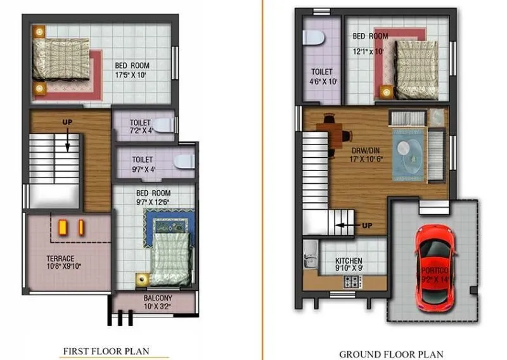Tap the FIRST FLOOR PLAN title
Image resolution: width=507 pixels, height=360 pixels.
106,350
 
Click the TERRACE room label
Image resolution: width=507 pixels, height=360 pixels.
60,258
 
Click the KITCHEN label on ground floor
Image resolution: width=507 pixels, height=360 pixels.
349,260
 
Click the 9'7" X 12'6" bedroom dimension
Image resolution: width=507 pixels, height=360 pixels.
153,202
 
